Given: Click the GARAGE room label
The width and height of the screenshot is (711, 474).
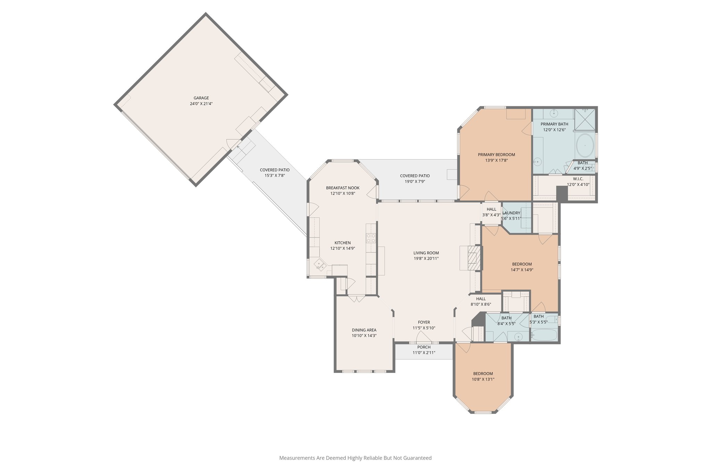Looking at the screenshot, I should click(201, 98).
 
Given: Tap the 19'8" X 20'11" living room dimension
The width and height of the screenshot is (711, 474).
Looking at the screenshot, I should click(426, 258).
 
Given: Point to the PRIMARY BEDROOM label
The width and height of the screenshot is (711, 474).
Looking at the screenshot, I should click(496, 155).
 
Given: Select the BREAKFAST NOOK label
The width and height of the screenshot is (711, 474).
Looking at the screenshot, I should click(342, 188).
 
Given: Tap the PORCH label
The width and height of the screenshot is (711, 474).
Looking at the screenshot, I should click(424, 347).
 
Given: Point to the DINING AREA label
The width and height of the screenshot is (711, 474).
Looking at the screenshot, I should click(364, 330).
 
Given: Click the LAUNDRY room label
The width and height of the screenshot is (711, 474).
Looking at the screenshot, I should click(511, 213).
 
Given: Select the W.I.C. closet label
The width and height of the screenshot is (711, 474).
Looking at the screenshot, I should click(578, 179).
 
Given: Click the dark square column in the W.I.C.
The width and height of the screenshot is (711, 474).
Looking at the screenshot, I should click(561, 193).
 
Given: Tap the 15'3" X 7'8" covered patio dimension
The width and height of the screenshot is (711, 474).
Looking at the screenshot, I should click(274, 175).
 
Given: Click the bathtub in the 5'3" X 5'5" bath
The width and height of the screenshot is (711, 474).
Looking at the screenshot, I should click(544, 335).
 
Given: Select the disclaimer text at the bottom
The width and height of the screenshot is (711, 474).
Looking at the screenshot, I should click(355, 458).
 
